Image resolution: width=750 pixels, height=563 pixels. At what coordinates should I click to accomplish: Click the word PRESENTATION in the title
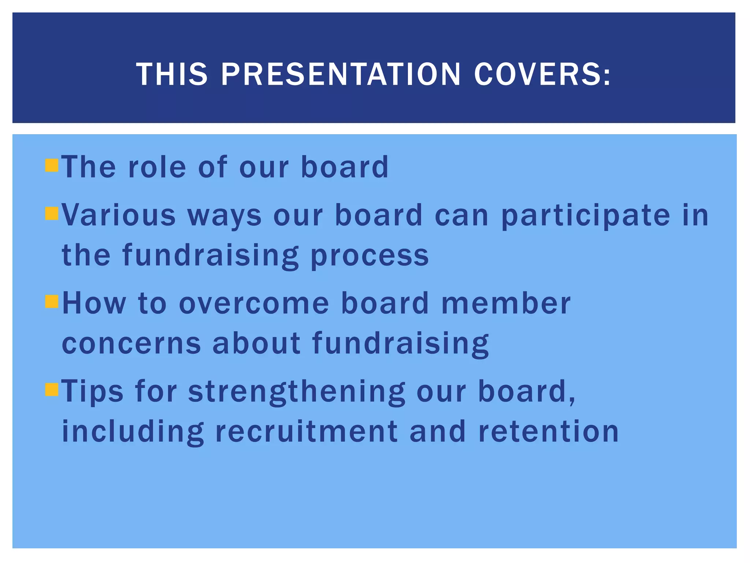pyautogui.click(x=341, y=74)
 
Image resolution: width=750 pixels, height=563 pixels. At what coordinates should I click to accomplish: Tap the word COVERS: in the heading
pyautogui.click(x=542, y=74)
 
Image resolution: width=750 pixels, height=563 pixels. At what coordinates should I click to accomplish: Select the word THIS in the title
pyautogui.click(x=172, y=74)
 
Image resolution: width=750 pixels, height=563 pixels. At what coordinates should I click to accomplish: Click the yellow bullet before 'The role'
pyautogui.click(x=52, y=166)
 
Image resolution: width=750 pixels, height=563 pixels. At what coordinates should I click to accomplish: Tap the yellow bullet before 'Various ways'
pyautogui.click(x=52, y=213)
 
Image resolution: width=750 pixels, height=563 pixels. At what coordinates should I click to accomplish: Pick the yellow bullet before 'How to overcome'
pyautogui.click(x=52, y=302)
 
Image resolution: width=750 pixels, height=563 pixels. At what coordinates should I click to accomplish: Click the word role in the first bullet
pyautogui.click(x=157, y=167)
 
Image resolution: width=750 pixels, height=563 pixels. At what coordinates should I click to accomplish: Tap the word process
pyautogui.click(x=370, y=255)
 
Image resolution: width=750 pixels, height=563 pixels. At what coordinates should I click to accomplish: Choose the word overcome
pyautogui.click(x=254, y=303)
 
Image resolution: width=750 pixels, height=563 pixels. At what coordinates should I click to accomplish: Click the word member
pyautogui.click(x=506, y=303)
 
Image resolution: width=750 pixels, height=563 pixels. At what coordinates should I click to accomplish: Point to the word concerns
pyautogui.click(x=131, y=343)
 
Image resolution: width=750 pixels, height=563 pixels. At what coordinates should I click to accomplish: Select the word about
pyautogui.click(x=256, y=343)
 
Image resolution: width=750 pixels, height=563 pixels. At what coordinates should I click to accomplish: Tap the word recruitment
pyautogui.click(x=307, y=431)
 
